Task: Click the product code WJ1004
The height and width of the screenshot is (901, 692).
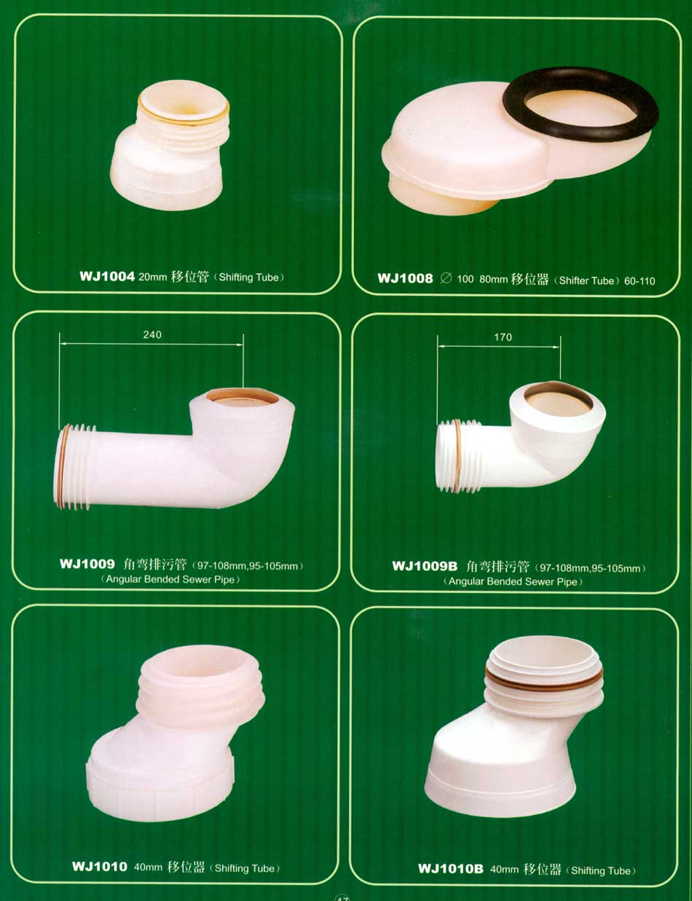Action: [107, 277]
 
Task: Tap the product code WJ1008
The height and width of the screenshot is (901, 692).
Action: [405, 278]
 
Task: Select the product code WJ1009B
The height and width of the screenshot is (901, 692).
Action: [425, 566]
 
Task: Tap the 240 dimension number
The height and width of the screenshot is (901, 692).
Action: [152, 334]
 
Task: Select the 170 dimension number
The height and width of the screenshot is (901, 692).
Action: [503, 337]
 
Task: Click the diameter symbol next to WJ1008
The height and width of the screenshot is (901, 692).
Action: [446, 278]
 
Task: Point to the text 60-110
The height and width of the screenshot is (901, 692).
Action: [640, 281]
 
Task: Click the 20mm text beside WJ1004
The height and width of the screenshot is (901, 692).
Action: [152, 277]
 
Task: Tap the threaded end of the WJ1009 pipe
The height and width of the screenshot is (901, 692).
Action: [74, 466]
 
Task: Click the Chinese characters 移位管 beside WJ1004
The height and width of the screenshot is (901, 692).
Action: [190, 277]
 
